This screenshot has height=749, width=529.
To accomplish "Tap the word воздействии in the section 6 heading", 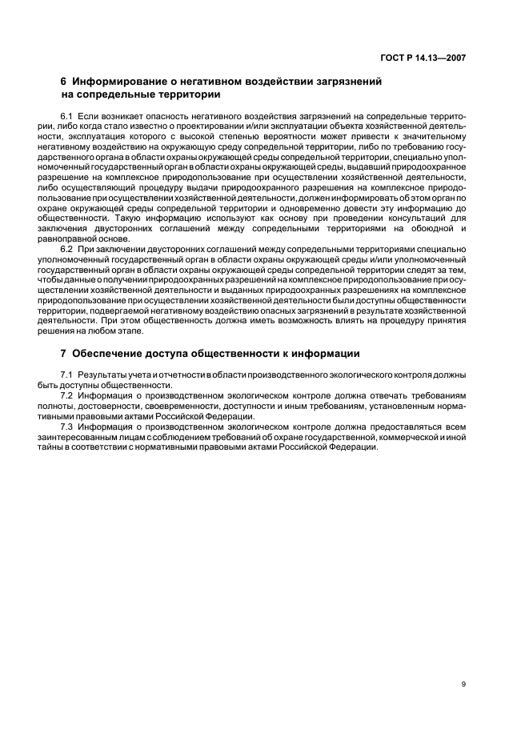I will coord(265,81).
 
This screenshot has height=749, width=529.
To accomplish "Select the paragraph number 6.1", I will coord(66,117).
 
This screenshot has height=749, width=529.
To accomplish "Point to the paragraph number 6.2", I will coord(66,248).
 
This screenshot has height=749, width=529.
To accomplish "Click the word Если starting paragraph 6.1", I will coord(89,117).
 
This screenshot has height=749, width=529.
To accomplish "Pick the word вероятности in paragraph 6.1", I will coord(256,136).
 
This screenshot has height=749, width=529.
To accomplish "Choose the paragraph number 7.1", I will coord(66,375).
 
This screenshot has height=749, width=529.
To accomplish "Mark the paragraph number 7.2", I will coord(66,395).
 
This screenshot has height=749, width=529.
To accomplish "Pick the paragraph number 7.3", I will coord(66,427).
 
